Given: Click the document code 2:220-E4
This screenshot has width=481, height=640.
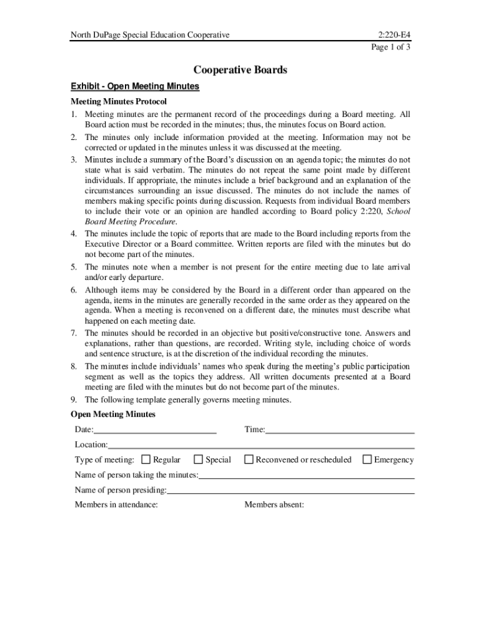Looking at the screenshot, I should coord(394,34).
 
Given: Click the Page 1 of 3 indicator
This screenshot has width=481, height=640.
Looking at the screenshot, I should coord(391,47).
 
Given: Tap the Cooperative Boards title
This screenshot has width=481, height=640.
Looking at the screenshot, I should coord(241,70).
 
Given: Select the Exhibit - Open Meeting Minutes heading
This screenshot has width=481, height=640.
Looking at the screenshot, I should coord(135,86).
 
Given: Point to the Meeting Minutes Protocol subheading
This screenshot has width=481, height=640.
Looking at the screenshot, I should coord(119,101).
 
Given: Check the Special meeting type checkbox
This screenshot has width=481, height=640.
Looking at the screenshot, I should coord(199,459).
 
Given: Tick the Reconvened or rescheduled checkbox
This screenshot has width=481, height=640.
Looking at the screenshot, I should coord(249,459).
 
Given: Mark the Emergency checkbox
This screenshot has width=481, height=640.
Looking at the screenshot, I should coord(367,459).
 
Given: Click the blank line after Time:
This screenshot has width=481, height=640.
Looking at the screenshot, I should coord(340,431).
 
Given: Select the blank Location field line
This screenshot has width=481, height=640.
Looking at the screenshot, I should coord(261,446).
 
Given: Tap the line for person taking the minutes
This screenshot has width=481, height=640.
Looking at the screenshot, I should coord(306,476).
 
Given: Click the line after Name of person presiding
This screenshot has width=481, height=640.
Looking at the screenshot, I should coord(290,492).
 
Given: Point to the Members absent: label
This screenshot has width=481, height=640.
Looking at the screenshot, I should coord(274,505).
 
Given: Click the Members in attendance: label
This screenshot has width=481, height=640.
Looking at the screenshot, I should coord(116,505).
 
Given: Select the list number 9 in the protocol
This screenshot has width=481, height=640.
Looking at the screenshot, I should coord(73,400).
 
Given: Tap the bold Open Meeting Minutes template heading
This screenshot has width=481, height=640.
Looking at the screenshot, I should coord(113,414).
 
